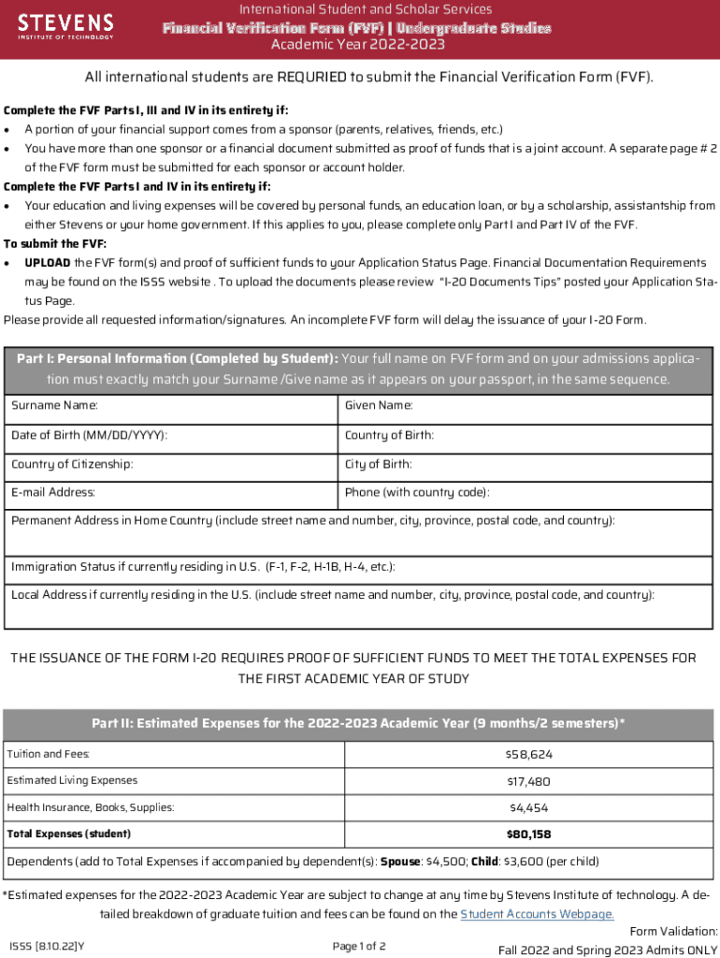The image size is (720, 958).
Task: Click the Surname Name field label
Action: [54, 406]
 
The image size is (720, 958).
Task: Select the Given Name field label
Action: [379, 406]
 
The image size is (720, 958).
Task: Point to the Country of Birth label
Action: [389, 435]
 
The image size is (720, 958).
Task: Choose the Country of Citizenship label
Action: [72, 464]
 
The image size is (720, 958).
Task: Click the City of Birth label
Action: [378, 464]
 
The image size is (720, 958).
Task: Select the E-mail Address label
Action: [53, 492]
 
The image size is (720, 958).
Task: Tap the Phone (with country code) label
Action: [417, 492]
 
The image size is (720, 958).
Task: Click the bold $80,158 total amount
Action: [528, 834]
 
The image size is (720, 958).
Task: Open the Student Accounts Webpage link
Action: [538, 914]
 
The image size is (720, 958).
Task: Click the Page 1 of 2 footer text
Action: [359, 946]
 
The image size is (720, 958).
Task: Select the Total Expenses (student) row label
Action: [68, 834]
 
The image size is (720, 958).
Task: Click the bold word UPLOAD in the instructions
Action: [47, 262]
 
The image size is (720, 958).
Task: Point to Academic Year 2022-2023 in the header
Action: [358, 44]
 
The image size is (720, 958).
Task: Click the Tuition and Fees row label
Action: [49, 754]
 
